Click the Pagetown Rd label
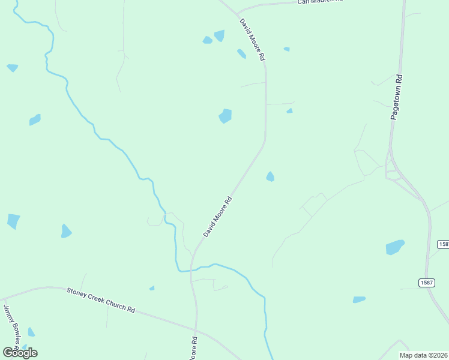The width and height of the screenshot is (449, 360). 397,97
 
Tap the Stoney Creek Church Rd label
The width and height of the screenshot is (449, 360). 100,300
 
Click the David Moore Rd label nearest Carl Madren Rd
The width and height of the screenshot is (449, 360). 253,40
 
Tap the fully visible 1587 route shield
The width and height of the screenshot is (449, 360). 427,283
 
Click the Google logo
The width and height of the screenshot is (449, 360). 20,353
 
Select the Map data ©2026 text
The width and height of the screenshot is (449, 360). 423,355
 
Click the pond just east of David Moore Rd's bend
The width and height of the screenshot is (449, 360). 270,176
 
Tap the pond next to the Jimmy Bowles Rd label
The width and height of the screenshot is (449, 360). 31,332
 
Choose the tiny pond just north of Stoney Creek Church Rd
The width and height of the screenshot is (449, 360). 152,288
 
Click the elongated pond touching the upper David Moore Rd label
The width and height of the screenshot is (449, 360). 241,54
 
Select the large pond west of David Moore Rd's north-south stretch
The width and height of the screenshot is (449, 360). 225,116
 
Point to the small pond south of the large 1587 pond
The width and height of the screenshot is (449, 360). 359,299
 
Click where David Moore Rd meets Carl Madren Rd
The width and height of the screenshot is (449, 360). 237,13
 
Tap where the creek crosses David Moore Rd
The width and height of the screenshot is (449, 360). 192,269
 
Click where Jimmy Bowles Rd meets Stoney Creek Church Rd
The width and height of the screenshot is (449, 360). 4,298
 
